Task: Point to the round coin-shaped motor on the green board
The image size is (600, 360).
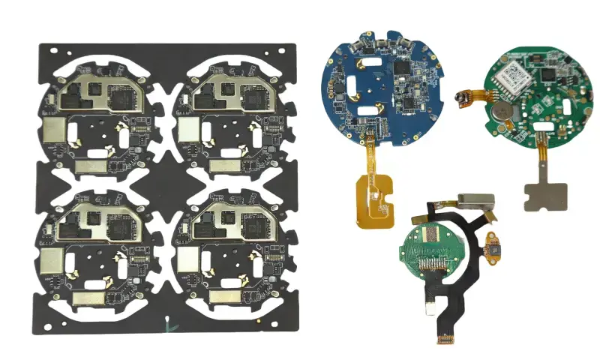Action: click(502, 112)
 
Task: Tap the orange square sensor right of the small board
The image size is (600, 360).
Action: click(493, 247)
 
